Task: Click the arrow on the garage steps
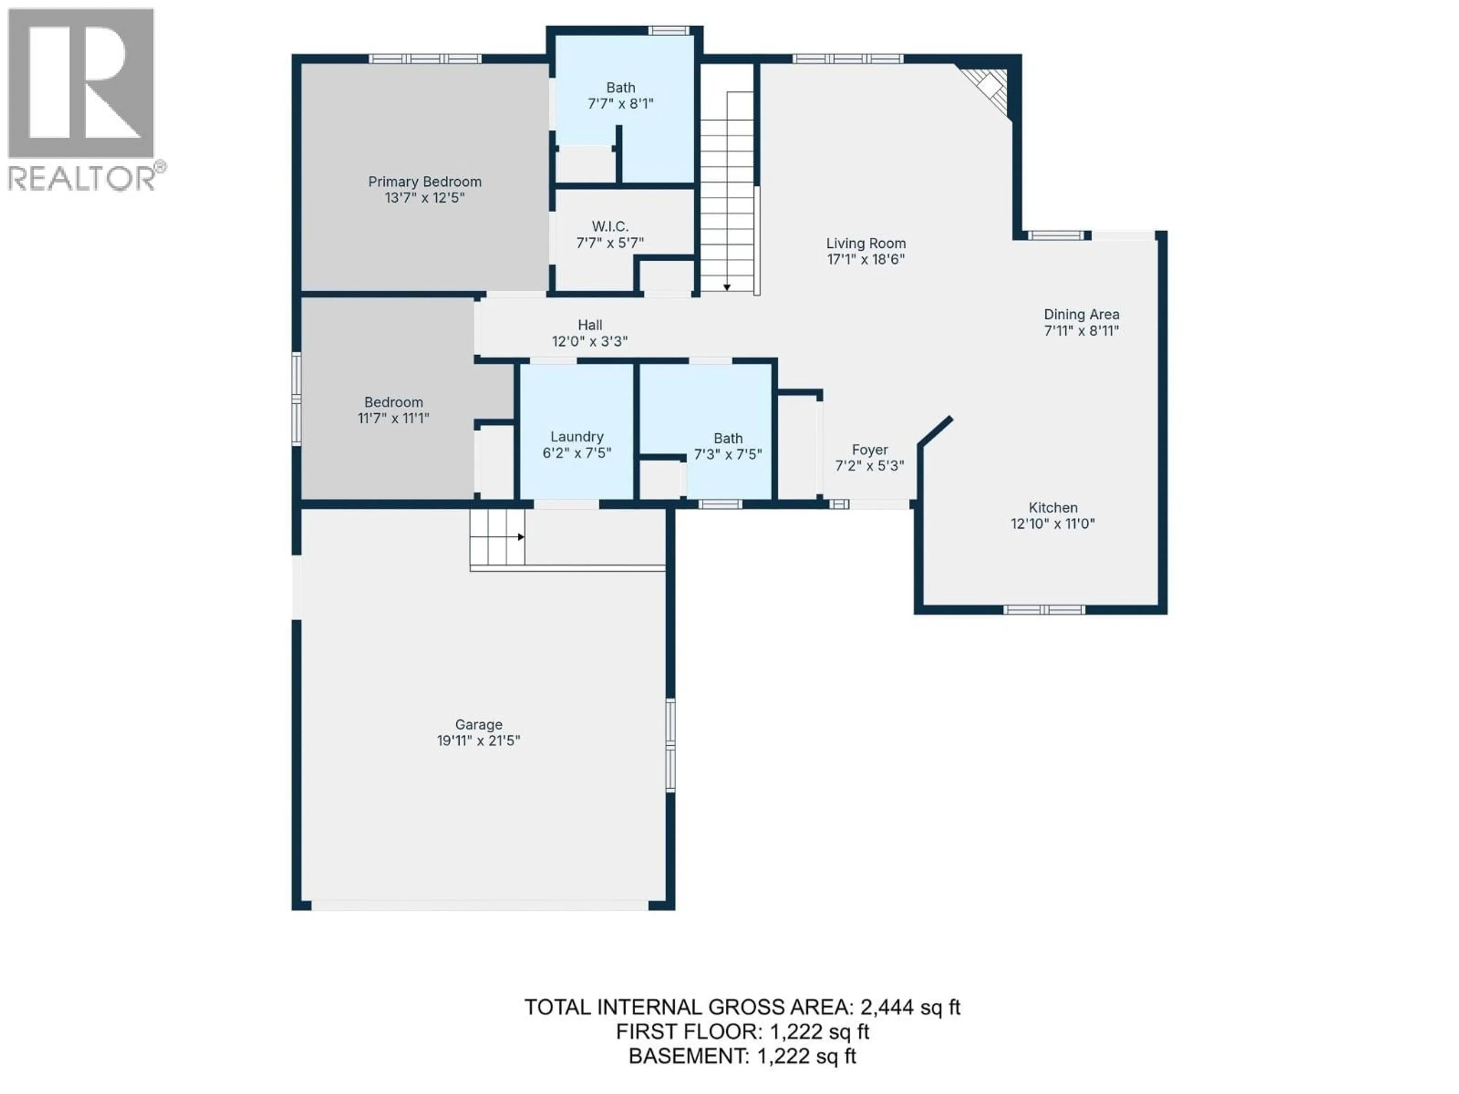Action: [521, 537]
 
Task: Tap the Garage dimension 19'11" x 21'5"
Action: [478, 741]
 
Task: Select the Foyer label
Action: [869, 450]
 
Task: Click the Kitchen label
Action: [1053, 508]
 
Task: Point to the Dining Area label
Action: [1081, 315]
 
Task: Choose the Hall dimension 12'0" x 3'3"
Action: [590, 341]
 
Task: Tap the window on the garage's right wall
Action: [670, 745]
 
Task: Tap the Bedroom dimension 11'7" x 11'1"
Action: [393, 418]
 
